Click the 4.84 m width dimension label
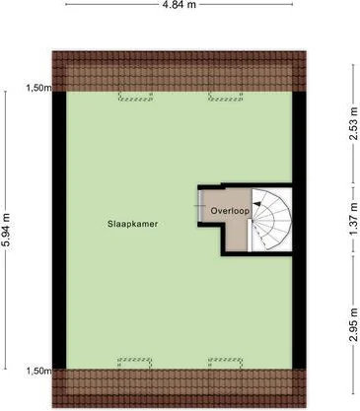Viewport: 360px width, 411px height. (x=180, y=4)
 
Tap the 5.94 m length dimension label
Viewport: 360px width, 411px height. (x=6, y=231)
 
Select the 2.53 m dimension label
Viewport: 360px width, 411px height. (x=353, y=123)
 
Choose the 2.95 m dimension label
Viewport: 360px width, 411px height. (x=353, y=325)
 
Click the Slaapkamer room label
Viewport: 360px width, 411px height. (x=133, y=224)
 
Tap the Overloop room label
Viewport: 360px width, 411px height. (x=230, y=211)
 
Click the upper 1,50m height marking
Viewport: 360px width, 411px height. (x=39, y=88)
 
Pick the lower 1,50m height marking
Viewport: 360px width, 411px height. (x=39, y=371)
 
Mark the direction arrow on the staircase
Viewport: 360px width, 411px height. (x=258, y=204)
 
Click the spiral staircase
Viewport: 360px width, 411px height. (x=271, y=220)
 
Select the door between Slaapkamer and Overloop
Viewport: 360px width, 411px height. (x=200, y=206)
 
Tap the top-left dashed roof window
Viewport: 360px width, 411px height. (x=135, y=97)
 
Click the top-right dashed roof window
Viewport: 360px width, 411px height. (x=226, y=97)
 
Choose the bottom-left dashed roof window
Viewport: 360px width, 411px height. (x=135, y=362)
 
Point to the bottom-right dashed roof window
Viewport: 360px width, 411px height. (x=226, y=362)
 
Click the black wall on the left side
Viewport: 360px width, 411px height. (x=59, y=230)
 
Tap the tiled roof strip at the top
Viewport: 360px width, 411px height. (x=180, y=71)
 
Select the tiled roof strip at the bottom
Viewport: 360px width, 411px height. (x=180, y=388)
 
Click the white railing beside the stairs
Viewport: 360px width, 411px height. (x=250, y=236)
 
